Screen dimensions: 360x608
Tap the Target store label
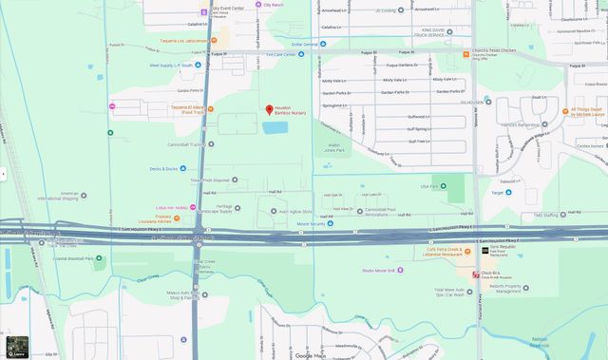pos(497,193)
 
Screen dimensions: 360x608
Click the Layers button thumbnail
pos(17,347)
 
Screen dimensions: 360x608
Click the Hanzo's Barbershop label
pos(522,125)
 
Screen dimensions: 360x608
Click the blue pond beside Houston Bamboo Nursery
pos(276,127)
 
